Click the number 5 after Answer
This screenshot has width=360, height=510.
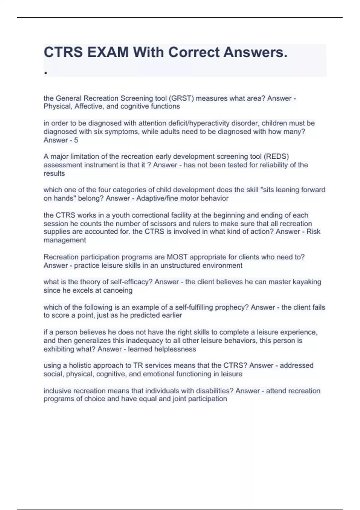pyautogui.click(x=76, y=140)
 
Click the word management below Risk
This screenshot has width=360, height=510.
pyautogui.click(x=65, y=240)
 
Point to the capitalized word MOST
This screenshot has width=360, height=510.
pyautogui.click(x=177, y=257)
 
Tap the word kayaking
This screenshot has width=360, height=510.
pyautogui.click(x=307, y=282)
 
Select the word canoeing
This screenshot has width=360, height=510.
pyautogui.click(x=118, y=290)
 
